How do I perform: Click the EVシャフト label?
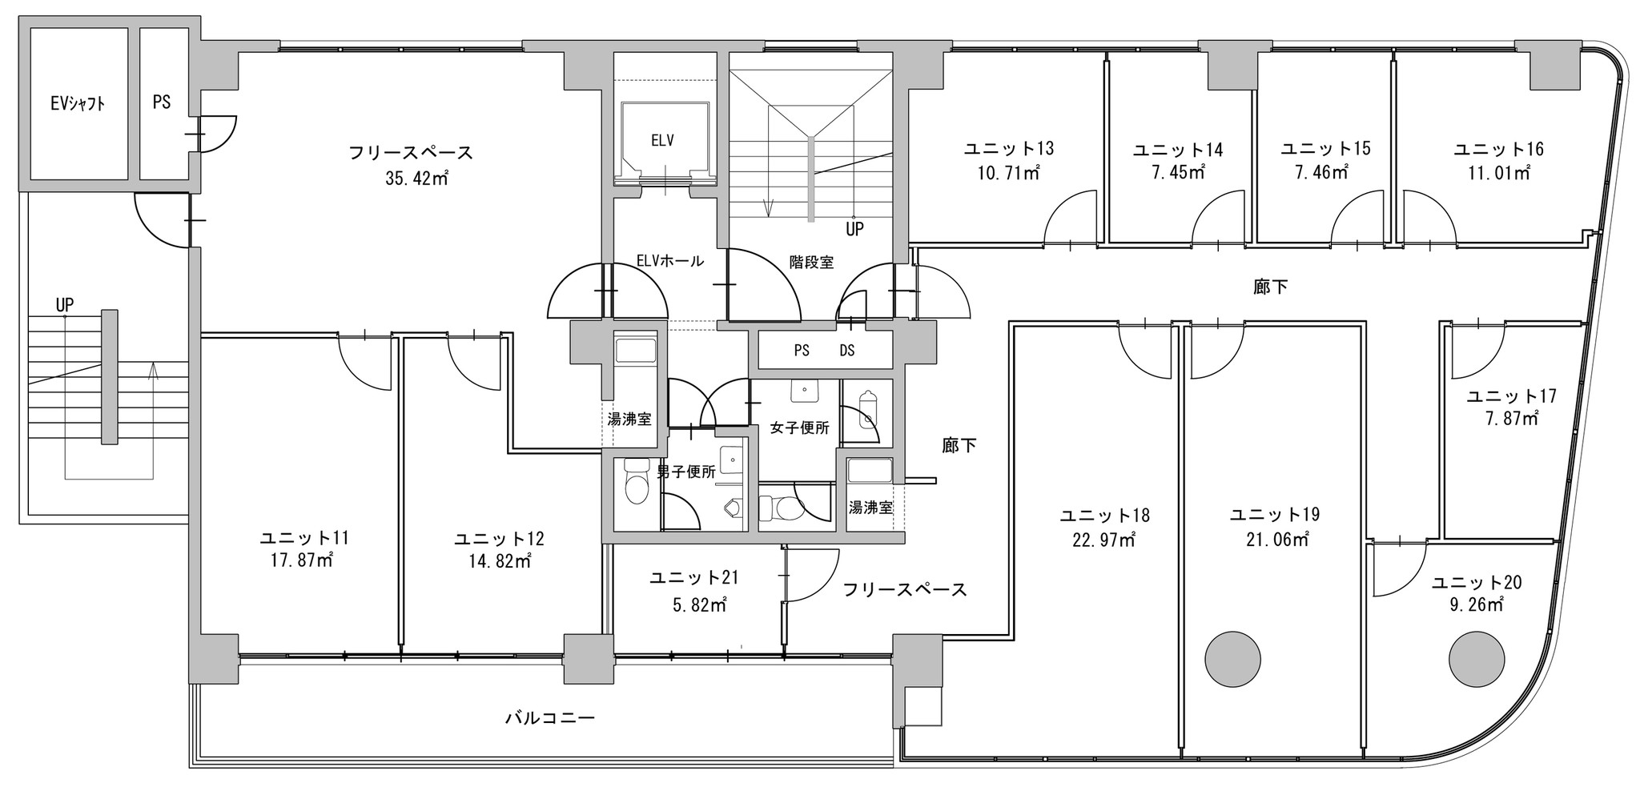tap(78, 103)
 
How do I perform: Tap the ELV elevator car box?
tap(664, 142)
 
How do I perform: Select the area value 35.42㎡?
tap(416, 179)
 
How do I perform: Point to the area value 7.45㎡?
tap(1178, 172)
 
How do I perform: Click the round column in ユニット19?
tap(1232, 658)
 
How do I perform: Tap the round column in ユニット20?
tap(1477, 658)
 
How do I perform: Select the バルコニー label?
tap(549, 717)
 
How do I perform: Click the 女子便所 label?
tap(799, 428)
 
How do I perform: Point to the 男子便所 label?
tap(686, 472)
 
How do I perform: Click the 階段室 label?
tap(811, 262)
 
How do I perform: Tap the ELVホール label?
tap(669, 260)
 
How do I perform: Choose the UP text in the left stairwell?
tap(65, 305)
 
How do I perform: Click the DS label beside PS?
tap(846, 351)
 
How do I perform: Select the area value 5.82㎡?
tap(699, 605)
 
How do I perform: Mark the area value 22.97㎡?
tap(1104, 540)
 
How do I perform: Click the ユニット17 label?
tap(1511, 395)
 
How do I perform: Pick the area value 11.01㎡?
tap(1498, 172)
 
